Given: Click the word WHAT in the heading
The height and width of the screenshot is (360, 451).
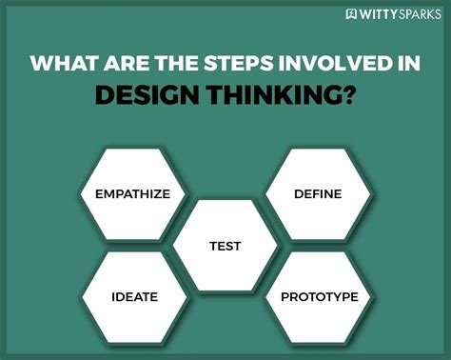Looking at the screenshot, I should [x=63, y=65].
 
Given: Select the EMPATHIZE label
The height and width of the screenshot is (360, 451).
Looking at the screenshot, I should [x=132, y=194].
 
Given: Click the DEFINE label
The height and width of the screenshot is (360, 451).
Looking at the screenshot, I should [x=317, y=194].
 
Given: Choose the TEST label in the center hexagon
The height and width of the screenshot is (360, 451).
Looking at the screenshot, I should [x=225, y=246].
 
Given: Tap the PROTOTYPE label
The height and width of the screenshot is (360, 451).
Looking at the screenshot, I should [x=319, y=297].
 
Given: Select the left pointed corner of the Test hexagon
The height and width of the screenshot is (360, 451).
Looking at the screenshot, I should [x=173, y=246].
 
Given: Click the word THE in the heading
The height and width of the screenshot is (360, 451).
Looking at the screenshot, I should [x=175, y=65].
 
